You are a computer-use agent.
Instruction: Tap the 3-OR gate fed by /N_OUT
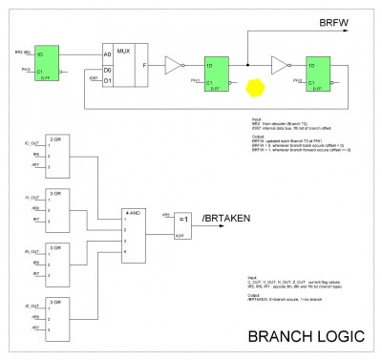click(60, 260)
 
